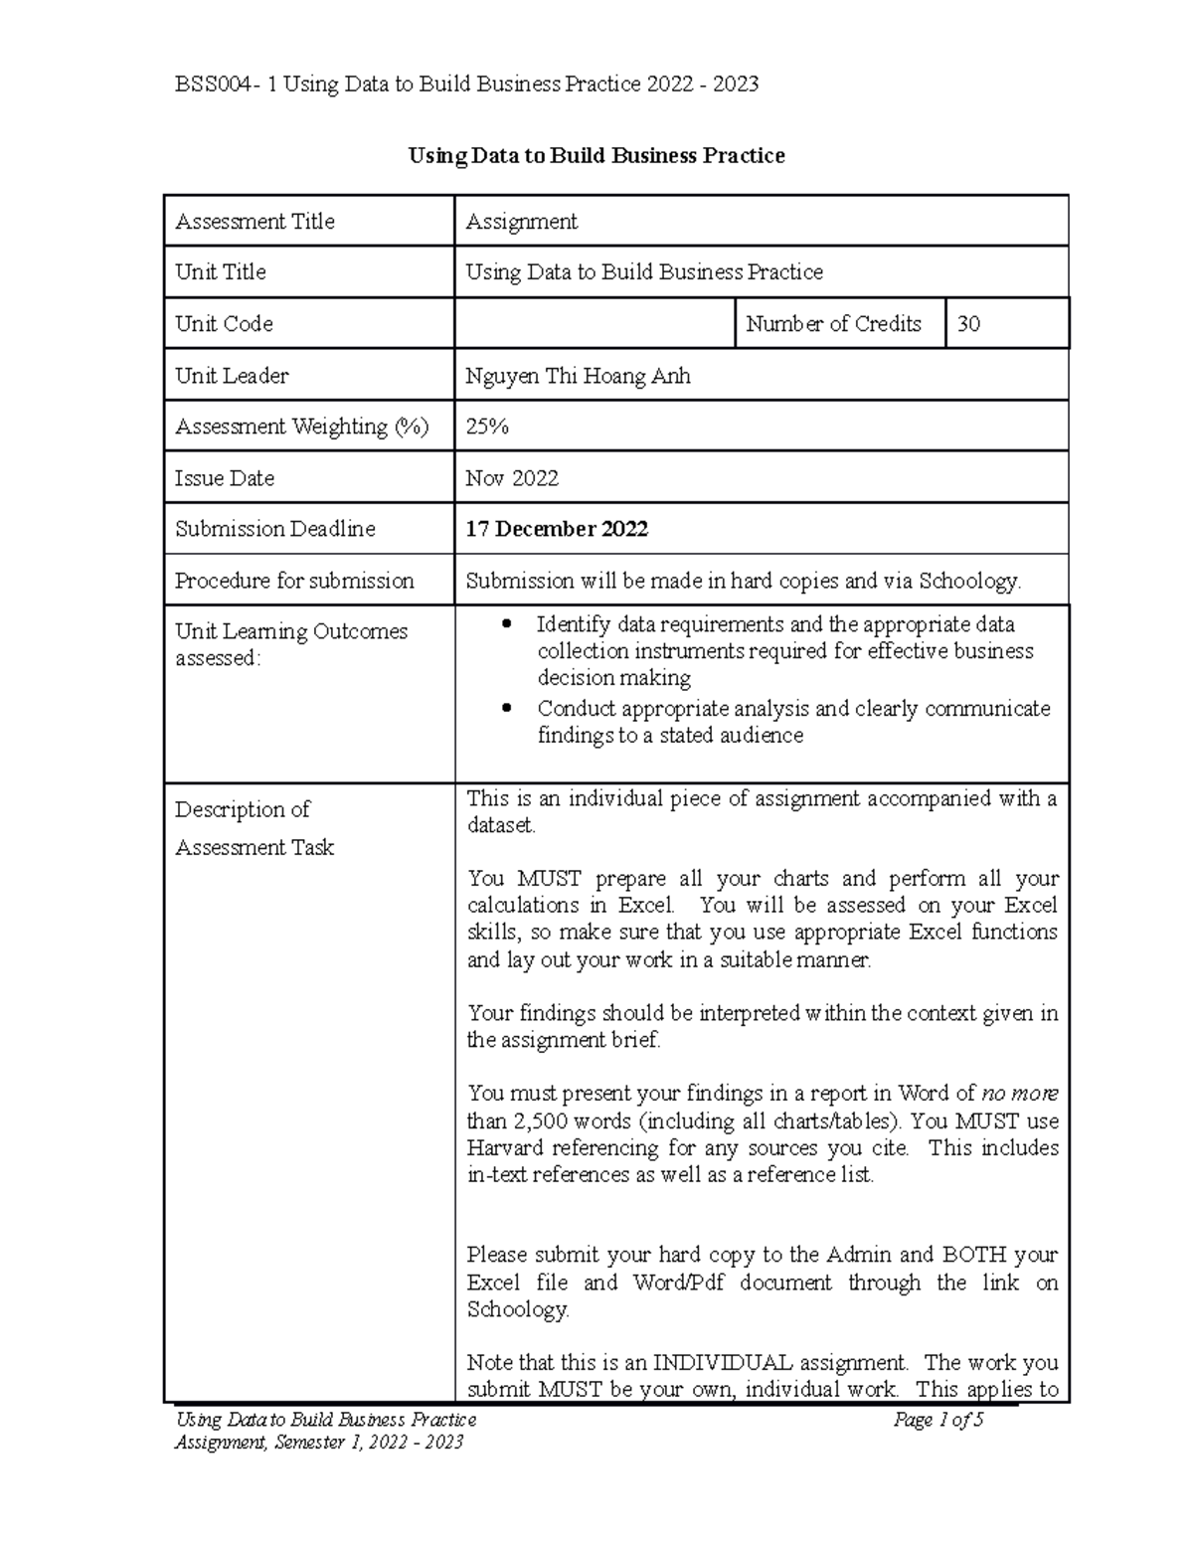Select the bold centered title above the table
point(596,156)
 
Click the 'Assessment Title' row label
point(255,222)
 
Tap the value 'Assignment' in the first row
point(521,222)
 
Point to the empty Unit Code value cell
point(594,324)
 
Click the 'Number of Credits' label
point(833,324)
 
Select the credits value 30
point(968,324)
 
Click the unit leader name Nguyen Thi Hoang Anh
point(578,376)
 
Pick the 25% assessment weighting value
point(487,427)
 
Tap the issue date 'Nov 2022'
point(512,478)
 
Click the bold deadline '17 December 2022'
point(557,529)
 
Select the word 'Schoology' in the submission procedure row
point(968,581)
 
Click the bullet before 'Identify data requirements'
point(508,624)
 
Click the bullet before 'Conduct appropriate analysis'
point(508,709)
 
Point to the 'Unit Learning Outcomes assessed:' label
point(290,644)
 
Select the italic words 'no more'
point(1019,1094)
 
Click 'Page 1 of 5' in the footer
point(937,1420)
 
